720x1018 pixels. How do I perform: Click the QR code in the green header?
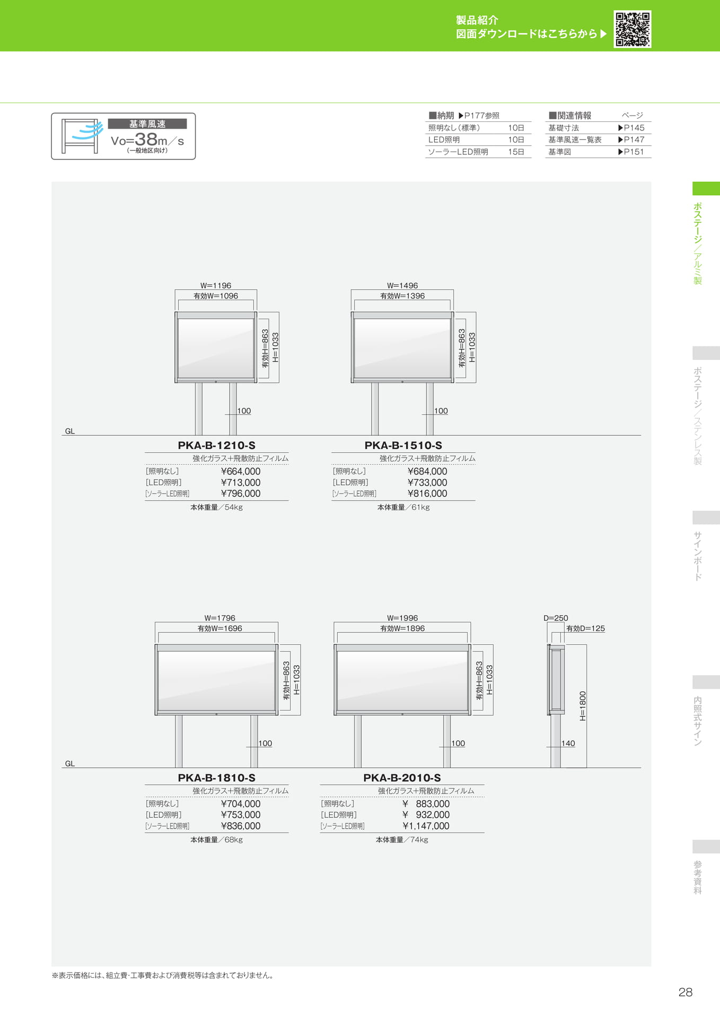[632, 29]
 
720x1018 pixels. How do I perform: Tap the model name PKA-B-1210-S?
[216, 445]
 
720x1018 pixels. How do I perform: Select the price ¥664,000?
[241, 471]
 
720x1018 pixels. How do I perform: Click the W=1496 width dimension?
[402, 285]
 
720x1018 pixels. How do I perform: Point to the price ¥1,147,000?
[426, 826]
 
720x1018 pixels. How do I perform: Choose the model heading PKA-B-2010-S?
[402, 778]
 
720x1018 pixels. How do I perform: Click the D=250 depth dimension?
[556, 618]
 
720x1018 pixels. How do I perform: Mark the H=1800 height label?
[583, 706]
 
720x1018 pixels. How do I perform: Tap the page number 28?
[686, 992]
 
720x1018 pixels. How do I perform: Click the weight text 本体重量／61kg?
[403, 507]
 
